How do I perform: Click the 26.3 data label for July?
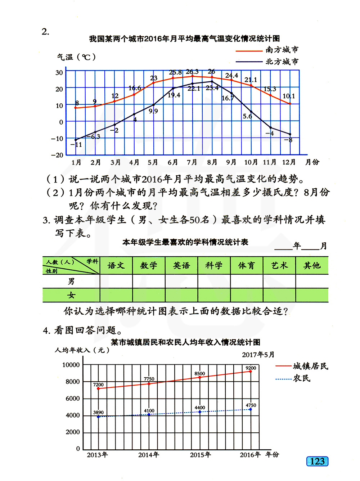[192, 72]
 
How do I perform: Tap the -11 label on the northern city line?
[76, 145]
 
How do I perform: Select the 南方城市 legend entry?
[282, 50]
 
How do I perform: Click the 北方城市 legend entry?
[282, 62]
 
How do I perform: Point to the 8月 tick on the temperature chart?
[212, 162]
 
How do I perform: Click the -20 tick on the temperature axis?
[58, 155]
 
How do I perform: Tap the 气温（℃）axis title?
[76, 57]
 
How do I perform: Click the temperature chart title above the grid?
[184, 39]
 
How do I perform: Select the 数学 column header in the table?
[149, 266]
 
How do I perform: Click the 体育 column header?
[247, 266]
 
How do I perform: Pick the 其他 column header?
[312, 266]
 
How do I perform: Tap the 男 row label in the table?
[71, 281]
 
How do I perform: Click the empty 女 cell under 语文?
[116, 295]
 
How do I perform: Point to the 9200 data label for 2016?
[251, 368]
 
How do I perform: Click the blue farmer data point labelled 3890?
[98, 417]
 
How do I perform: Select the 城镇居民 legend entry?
[310, 366]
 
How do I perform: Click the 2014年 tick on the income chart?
[149, 455]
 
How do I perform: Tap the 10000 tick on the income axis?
[71, 365]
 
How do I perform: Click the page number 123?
[317, 461]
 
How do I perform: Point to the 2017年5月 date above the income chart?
[258, 355]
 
